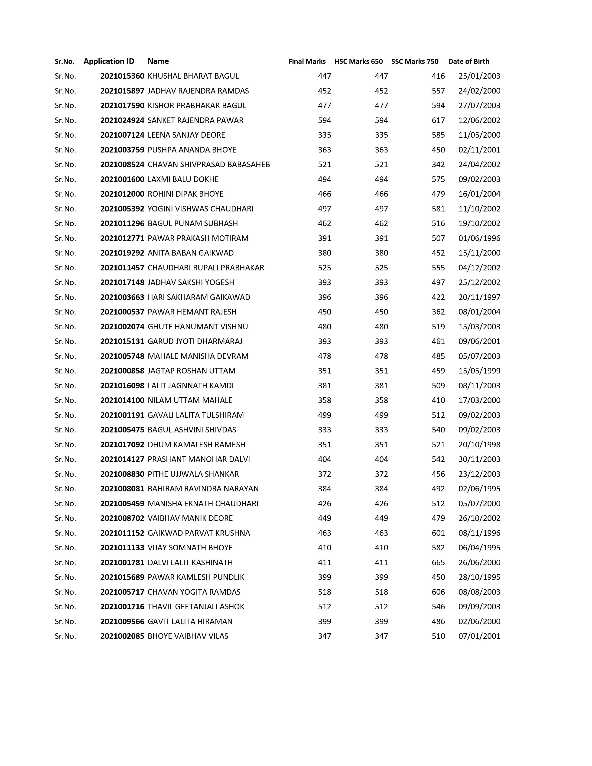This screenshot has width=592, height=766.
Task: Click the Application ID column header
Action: pyautogui.click(x=109, y=61)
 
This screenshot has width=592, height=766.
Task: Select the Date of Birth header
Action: pyautogui.click(x=468, y=61)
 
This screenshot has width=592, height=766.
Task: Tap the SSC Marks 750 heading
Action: pyautogui.click(x=415, y=61)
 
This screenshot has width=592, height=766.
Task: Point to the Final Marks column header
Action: pyautogui.click(x=307, y=61)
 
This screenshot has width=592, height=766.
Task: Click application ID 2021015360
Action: pyautogui.click(x=122, y=76)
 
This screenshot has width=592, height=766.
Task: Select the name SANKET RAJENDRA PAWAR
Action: pyautogui.click(x=195, y=120)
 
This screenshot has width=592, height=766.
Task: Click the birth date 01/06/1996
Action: pyautogui.click(x=479, y=238)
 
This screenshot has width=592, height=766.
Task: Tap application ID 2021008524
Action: pyautogui.click(x=122, y=165)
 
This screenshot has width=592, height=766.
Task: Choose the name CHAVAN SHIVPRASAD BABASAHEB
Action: pyautogui.click(x=209, y=165)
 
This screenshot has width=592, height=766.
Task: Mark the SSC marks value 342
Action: pyautogui.click(x=438, y=165)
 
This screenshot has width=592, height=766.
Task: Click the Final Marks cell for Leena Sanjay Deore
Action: pyautogui.click(x=324, y=135)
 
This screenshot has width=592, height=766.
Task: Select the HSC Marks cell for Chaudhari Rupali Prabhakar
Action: pyautogui.click(x=381, y=268)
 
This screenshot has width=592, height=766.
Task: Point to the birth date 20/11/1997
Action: pyautogui.click(x=479, y=297)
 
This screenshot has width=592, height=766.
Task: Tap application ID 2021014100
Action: pyautogui.click(x=122, y=400)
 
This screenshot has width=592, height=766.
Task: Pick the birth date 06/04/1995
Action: pyautogui.click(x=479, y=548)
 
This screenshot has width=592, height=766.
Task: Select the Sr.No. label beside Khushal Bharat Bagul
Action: pyautogui.click(x=65, y=76)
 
